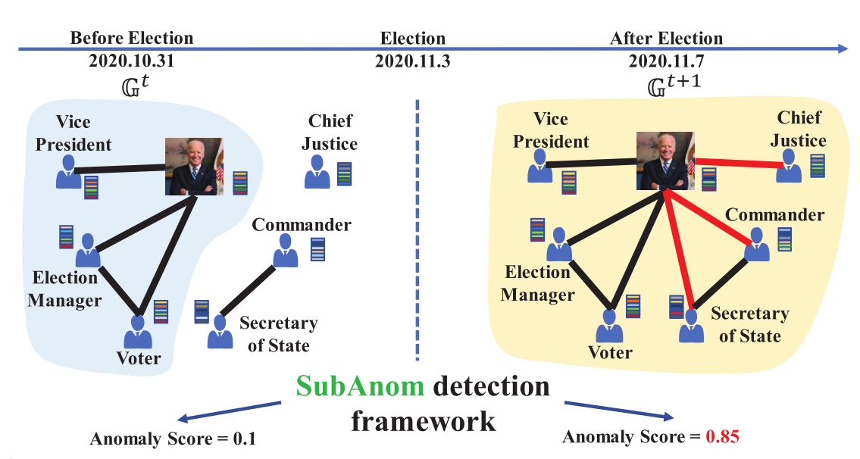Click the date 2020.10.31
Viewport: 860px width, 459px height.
click(x=132, y=61)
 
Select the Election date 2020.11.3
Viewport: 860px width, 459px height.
click(x=412, y=61)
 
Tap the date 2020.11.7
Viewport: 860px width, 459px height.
click(x=666, y=61)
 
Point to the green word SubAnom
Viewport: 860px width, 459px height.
click(x=359, y=387)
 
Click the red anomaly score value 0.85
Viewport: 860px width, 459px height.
click(x=722, y=437)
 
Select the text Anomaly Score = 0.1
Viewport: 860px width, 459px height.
click(x=172, y=439)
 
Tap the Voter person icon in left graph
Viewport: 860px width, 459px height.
click(x=139, y=332)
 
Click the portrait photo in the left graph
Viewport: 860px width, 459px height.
click(x=194, y=166)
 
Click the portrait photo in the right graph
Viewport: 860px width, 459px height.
click(x=664, y=161)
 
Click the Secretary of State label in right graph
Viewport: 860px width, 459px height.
click(x=749, y=325)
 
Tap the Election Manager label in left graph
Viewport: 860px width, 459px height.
click(x=65, y=289)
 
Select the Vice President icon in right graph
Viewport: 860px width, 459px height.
click(x=540, y=167)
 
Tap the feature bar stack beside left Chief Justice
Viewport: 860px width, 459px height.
click(x=345, y=174)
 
